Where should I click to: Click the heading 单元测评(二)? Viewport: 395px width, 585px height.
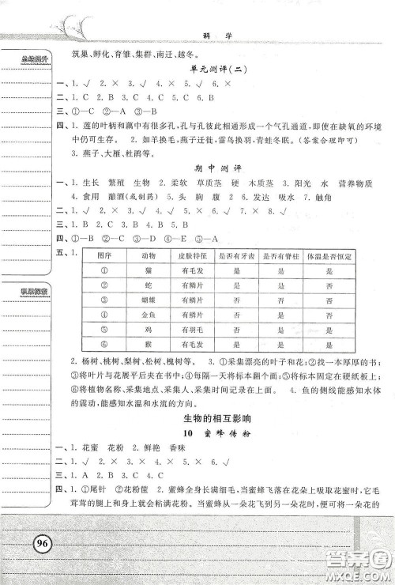click(x=216, y=70)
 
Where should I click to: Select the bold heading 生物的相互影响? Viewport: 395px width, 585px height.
click(x=216, y=418)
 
